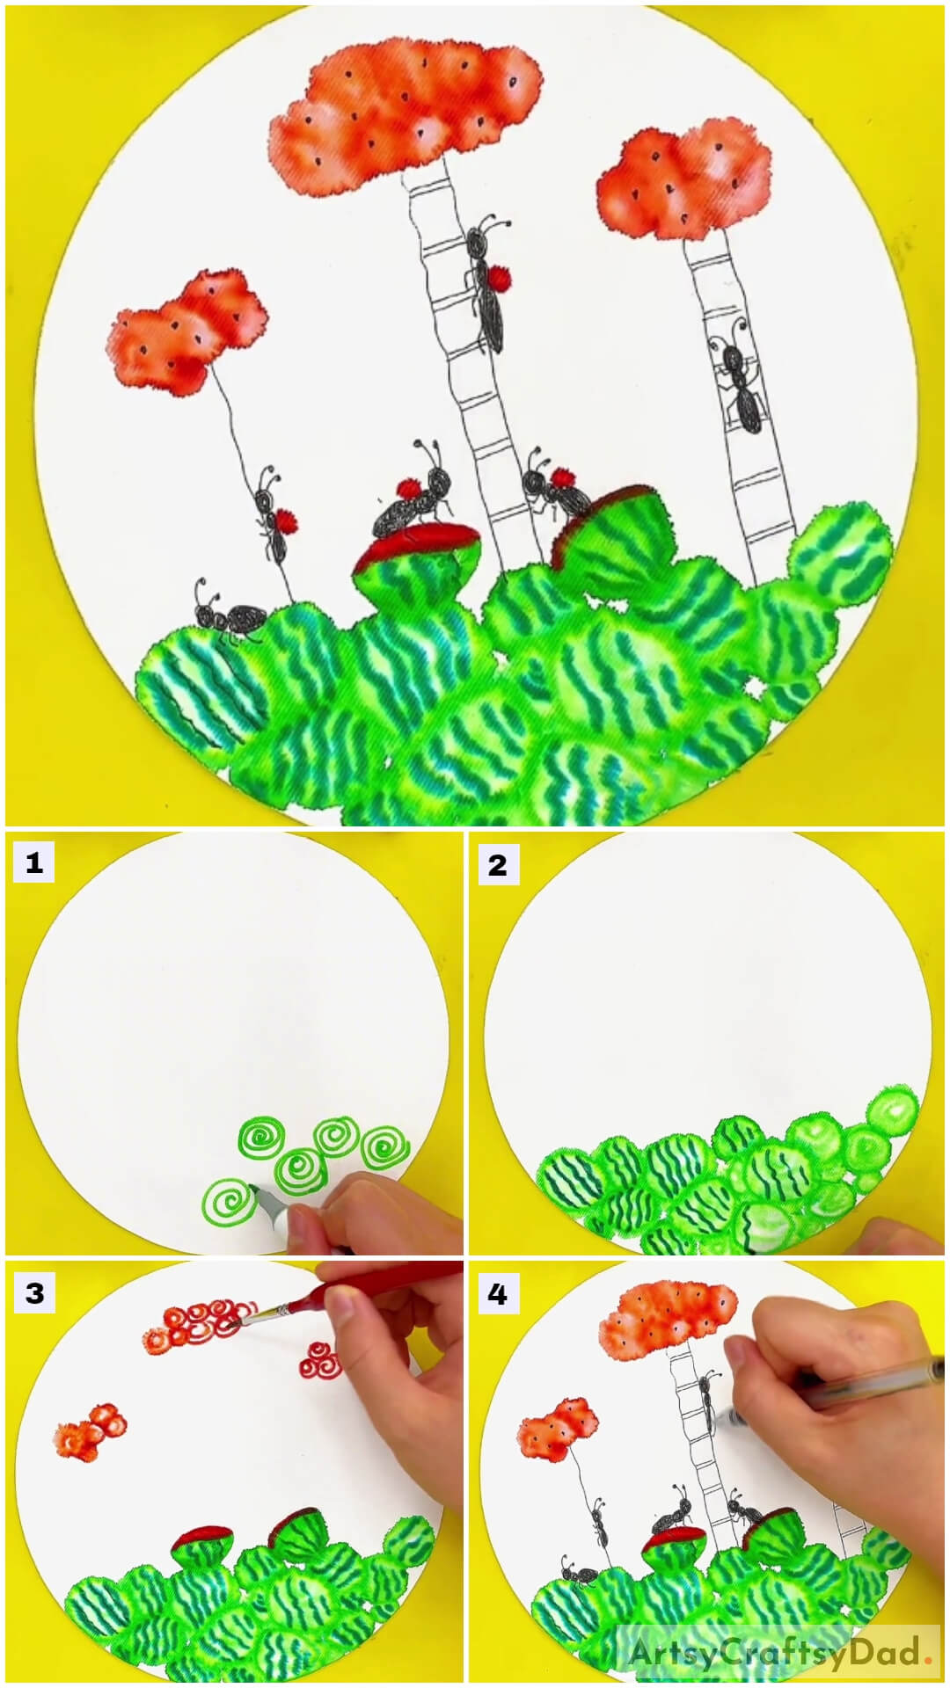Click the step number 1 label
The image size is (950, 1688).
pos(33,864)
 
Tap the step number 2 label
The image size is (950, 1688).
pos(497,865)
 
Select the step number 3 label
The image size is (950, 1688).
pos(33,1293)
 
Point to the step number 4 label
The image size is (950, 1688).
pos(497,1294)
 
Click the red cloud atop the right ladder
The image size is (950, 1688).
pos(683,185)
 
